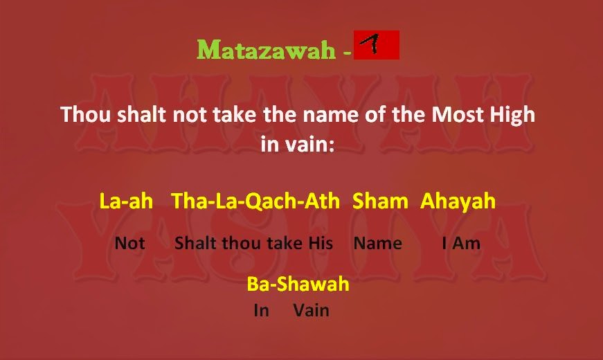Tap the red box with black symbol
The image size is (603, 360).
376,45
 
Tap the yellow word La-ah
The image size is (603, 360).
126,201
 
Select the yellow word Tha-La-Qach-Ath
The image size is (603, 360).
255,201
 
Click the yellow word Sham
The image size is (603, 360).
380,201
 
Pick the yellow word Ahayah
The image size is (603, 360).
458,201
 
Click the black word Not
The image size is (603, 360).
130,243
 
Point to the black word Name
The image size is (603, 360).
377,243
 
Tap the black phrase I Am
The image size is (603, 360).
460,243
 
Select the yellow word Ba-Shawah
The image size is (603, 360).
298,284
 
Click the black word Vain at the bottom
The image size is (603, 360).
311,310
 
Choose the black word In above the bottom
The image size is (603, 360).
261,310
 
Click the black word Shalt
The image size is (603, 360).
196,243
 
